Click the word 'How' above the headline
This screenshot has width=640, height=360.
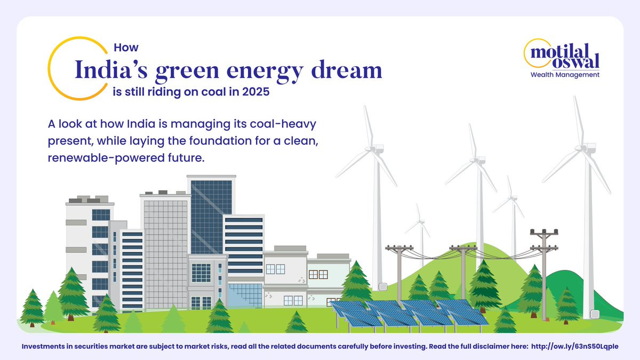[x=126, y=47]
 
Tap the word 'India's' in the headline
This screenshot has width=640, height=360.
[x=111, y=70]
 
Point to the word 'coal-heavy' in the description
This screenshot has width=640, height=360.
[x=283, y=124]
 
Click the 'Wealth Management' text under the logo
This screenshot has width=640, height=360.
[x=565, y=75]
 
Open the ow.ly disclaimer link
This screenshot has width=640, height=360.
[x=574, y=347]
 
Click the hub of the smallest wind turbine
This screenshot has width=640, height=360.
[x=420, y=221]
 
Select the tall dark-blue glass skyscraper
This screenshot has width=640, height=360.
[x=211, y=215]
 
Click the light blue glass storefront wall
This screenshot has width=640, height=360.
[x=245, y=295]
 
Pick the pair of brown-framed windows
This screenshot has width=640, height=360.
[x=318, y=275]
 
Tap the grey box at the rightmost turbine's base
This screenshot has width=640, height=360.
[x=595, y=314]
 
